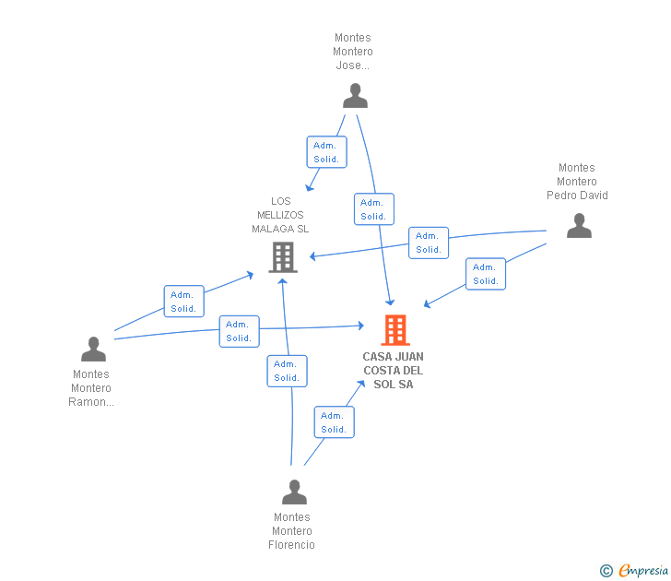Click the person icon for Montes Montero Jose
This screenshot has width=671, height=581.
(x=355, y=96)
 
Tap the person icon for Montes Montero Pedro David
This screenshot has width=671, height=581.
(x=579, y=226)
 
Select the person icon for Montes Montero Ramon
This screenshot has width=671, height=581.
(x=93, y=349)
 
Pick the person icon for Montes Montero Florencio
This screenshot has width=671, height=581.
(x=294, y=492)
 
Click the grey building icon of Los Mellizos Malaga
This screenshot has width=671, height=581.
(x=283, y=257)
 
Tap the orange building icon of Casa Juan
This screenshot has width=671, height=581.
(x=394, y=329)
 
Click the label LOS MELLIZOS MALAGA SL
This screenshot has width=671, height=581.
(x=280, y=215)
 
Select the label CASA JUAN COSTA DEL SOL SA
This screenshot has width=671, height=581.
(x=394, y=370)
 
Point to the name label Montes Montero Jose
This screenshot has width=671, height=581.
(x=353, y=52)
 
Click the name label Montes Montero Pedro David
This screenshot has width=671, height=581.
(x=577, y=182)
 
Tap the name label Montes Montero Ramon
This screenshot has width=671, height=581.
(x=91, y=388)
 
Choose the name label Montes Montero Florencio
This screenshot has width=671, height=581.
(x=292, y=531)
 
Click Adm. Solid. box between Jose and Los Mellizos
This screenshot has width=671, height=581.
(x=326, y=152)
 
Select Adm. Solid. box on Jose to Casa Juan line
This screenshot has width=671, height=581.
(x=373, y=209)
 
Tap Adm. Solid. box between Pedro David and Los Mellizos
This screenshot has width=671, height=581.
(x=429, y=243)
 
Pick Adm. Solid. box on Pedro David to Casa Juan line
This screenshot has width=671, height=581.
(x=486, y=274)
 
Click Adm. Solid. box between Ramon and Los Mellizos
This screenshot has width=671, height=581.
(x=183, y=302)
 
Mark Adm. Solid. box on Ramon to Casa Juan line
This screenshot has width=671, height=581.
(x=240, y=331)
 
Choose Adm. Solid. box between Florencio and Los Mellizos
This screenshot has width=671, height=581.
(x=287, y=371)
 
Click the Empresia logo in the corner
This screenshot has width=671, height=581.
(x=634, y=571)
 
